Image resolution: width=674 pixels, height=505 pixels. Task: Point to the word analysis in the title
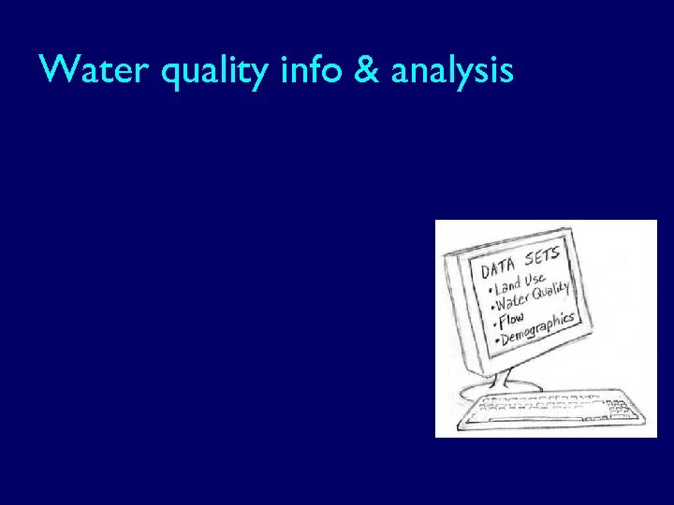pyautogui.click(x=453, y=72)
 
